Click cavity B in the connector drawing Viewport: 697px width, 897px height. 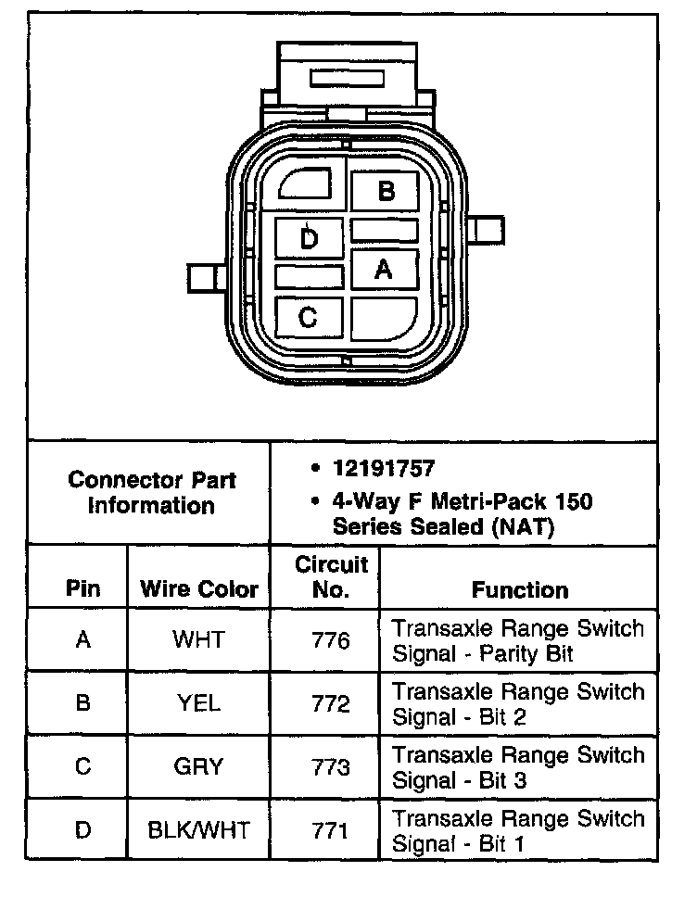[386, 191]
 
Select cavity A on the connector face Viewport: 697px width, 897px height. [384, 269]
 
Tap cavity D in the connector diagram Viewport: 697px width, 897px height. [310, 239]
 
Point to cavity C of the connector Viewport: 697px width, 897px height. [309, 318]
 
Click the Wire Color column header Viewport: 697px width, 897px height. [198, 589]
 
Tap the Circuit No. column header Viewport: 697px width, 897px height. [331, 576]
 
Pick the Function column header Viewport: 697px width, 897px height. [520, 589]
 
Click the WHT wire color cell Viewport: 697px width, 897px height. [198, 639]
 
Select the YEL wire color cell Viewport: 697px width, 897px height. [198, 703]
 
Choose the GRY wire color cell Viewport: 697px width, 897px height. [198, 766]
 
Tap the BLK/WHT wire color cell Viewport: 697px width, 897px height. [198, 829]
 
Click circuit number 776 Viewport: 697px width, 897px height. [331, 639]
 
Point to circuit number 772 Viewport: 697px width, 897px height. [331, 703]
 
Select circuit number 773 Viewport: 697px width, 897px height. [331, 766]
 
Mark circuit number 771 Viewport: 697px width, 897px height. [331, 829]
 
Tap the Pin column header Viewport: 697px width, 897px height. [82, 589]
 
